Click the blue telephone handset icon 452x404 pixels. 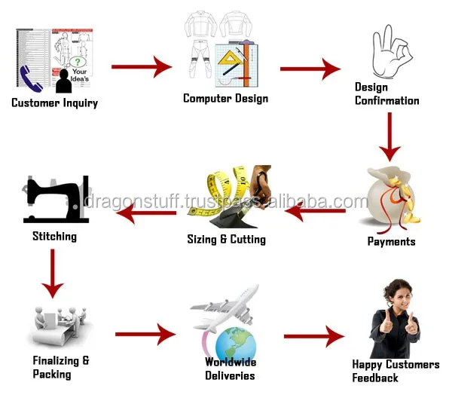(32, 77)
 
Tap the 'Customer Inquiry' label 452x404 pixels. (54, 103)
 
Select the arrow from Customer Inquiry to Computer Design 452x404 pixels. (142, 67)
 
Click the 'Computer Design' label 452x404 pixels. (225, 99)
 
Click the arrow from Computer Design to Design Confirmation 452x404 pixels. (310, 69)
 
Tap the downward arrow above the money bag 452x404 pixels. (389, 136)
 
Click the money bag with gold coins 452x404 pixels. (390, 198)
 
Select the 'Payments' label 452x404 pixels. (391, 242)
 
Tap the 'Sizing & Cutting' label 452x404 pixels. (226, 240)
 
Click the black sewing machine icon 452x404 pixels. (57, 200)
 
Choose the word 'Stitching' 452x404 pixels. (54, 237)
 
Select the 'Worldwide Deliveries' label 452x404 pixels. (231, 369)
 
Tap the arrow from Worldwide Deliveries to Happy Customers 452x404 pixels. (313, 337)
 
